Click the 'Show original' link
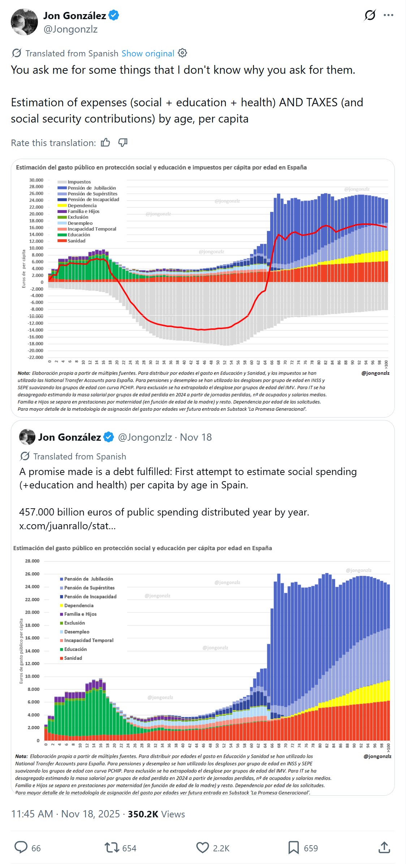click(148, 54)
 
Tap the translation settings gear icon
click(183, 53)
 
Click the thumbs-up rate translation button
click(105, 143)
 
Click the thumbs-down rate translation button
click(123, 143)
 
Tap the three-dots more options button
click(388, 15)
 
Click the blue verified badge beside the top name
click(114, 16)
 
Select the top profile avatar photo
click(25, 22)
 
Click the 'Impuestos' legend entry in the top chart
click(79, 182)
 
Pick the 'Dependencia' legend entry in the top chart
click(82, 205)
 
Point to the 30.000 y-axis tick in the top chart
click(36, 180)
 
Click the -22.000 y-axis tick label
click(35, 357)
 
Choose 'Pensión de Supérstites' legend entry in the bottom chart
click(89, 588)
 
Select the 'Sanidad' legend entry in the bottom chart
click(73, 658)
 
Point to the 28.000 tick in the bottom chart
click(32, 561)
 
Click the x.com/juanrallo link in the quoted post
click(68, 526)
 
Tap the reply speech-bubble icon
click(21, 847)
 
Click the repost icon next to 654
click(112, 847)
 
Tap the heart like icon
click(203, 847)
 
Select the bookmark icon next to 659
click(293, 847)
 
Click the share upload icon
click(384, 847)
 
